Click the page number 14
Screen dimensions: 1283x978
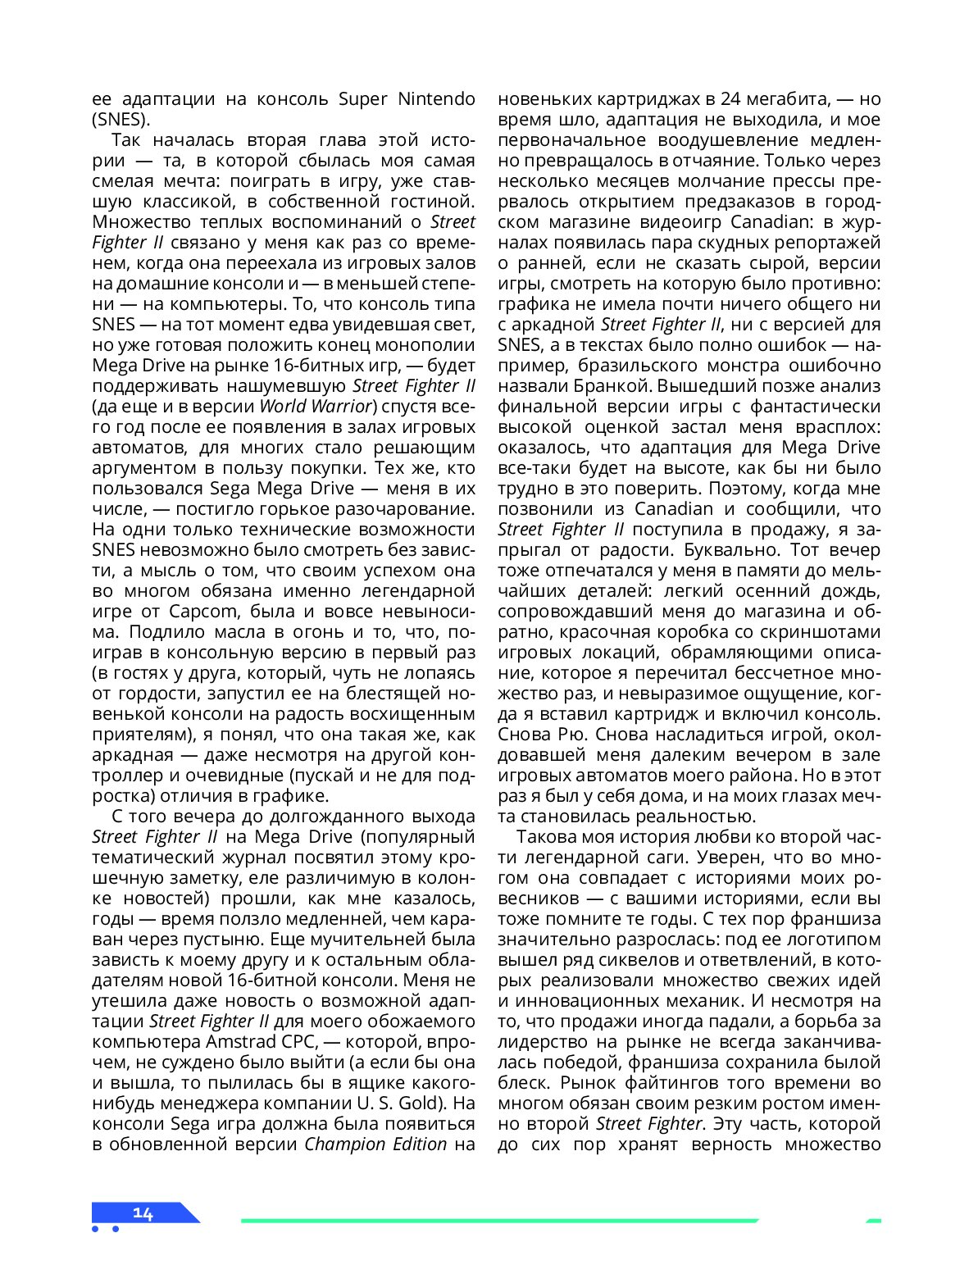pos(143,1213)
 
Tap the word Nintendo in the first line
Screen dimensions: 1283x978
pos(436,99)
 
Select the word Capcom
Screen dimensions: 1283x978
pos(204,612)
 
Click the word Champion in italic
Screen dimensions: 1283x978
pos(343,1144)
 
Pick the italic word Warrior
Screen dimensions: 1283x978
pos(339,407)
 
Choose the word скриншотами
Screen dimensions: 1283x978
pos(830,632)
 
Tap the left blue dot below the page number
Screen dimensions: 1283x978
pos(96,1229)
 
